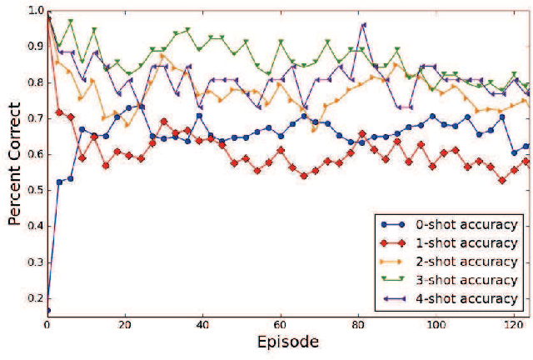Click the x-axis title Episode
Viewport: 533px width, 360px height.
coord(286,342)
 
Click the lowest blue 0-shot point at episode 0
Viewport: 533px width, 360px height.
coord(47,310)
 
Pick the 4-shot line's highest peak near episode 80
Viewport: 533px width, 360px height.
coord(363,25)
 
